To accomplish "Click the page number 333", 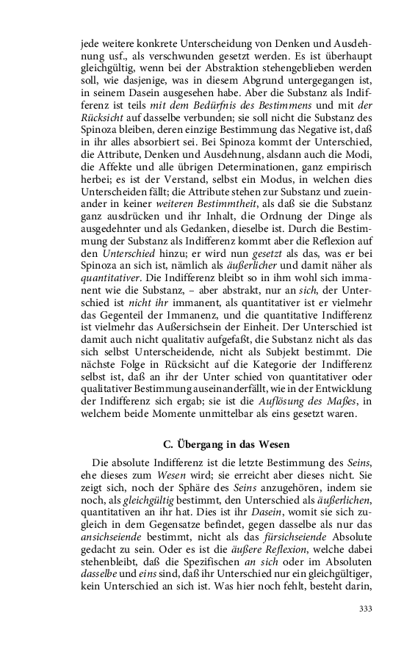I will [365, 609].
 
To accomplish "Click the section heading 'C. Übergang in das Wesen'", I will [226, 445].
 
